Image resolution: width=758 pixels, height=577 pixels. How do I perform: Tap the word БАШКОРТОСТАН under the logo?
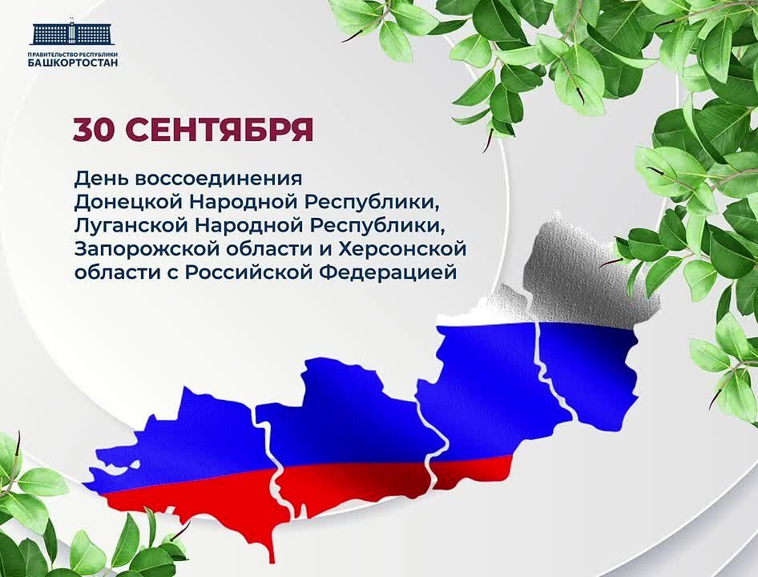click(x=73, y=63)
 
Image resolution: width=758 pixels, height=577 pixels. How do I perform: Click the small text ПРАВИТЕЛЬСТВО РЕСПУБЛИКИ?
click(x=73, y=54)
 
